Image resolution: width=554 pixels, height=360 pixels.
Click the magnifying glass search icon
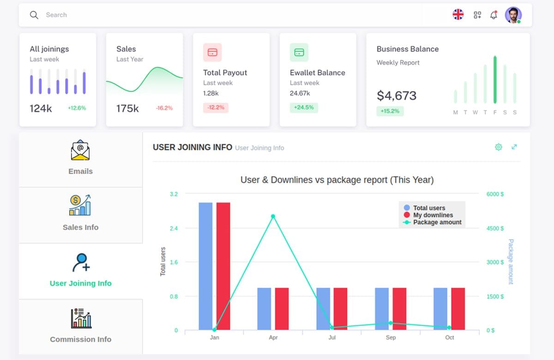tap(34, 15)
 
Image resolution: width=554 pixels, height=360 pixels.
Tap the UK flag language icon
tap(458, 15)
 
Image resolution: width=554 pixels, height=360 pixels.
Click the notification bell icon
tap(494, 15)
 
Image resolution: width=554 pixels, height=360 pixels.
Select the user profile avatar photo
tap(513, 15)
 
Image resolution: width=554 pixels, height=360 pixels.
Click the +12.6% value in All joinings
tap(77, 108)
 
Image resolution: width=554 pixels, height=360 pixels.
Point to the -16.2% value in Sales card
tap(164, 108)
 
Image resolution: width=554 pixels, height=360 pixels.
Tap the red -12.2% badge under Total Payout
tap(216, 108)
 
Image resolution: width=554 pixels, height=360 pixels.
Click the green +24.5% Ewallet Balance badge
tap(303, 108)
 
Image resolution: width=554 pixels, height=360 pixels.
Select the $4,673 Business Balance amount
tap(397, 96)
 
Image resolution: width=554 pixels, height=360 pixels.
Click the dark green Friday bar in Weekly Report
tap(495, 80)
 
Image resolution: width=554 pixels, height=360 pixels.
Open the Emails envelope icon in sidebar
tap(80, 150)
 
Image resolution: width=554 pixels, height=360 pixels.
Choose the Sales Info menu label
tap(80, 227)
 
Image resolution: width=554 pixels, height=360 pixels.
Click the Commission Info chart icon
tap(81, 318)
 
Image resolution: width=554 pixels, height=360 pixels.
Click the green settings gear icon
tap(498, 147)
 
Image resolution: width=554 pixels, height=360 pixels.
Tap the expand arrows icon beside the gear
tap(514, 147)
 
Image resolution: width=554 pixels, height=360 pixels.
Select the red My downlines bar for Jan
tap(223, 266)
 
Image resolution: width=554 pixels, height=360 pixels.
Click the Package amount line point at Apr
tap(273, 216)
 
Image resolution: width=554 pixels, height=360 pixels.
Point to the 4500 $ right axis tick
tap(495, 228)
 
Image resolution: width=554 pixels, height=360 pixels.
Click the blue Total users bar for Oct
tap(440, 309)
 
